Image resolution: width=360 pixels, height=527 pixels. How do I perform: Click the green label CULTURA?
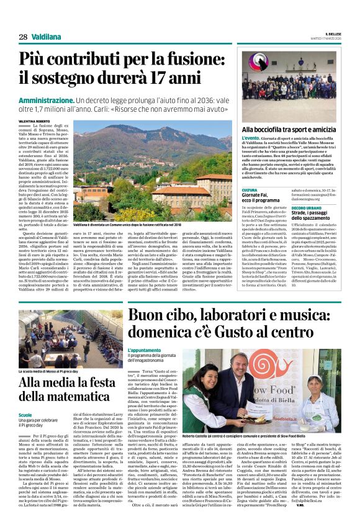[x=250, y=190]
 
